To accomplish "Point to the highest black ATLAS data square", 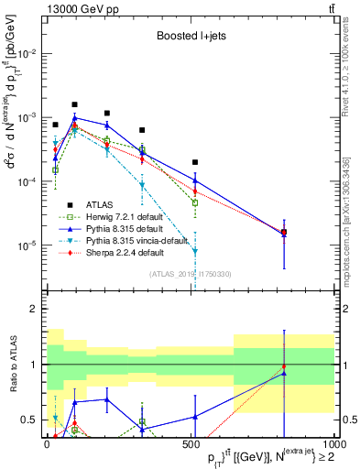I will point(75,104).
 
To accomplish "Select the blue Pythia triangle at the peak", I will point(75,117).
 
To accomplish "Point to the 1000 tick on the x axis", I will point(333,444).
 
